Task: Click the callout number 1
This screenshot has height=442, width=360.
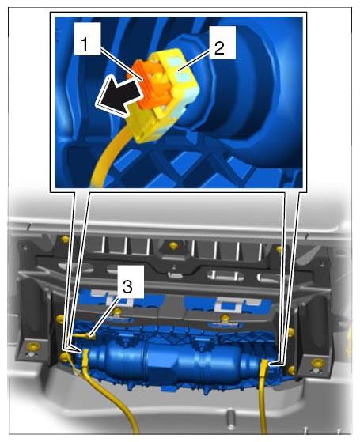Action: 84,44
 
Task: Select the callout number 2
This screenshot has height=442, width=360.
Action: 219,48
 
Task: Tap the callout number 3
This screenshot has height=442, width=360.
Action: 127,287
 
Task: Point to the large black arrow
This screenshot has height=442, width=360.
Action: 119,94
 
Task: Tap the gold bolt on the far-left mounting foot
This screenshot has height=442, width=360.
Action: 33,346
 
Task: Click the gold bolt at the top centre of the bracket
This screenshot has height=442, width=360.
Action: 173,245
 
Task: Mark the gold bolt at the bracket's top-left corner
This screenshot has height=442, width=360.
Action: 65,240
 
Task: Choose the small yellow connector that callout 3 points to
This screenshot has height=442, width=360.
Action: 85,335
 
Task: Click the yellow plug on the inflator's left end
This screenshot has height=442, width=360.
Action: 85,356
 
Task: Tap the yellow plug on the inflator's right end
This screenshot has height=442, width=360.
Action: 264,366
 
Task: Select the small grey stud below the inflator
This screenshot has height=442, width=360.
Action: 231,417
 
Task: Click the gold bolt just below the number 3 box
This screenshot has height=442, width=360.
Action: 117,312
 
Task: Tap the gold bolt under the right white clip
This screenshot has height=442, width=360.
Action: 225,319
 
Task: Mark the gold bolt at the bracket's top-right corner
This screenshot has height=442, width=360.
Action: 279,249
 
